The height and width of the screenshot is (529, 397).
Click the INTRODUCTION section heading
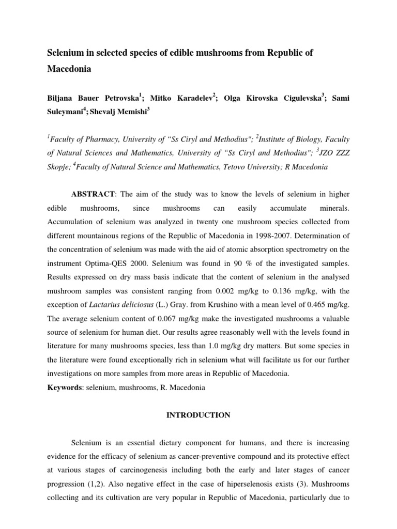pyautogui.click(x=198, y=415)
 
